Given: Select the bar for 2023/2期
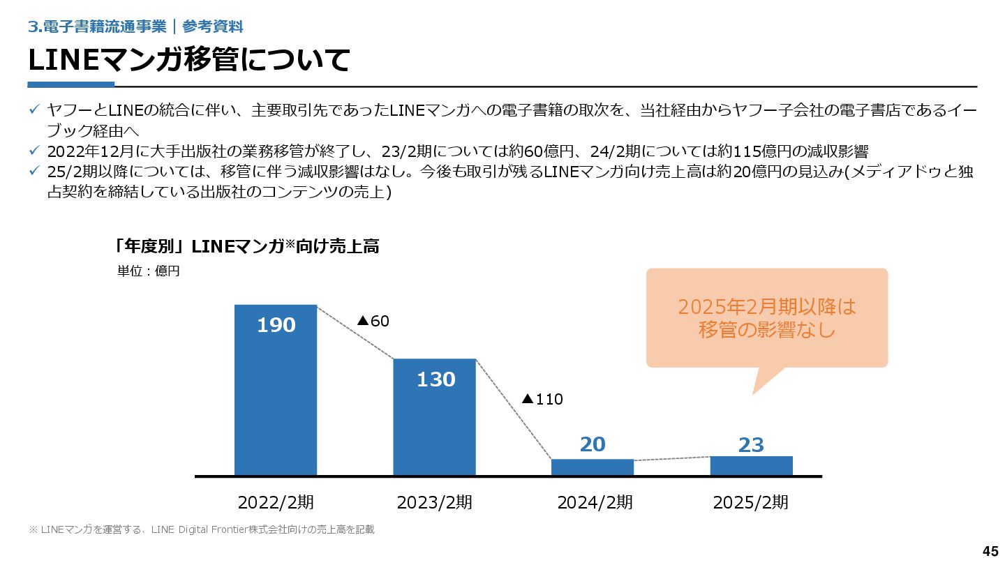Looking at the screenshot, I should coord(434,425).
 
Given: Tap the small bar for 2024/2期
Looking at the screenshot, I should coord(593,467).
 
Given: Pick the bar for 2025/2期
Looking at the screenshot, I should coord(751,466).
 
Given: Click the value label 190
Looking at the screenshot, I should coord(276,325).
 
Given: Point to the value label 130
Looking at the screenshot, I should coord(435,379).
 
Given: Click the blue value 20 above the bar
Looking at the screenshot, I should coord(593,444).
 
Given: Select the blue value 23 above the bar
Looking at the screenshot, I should coord(751,445).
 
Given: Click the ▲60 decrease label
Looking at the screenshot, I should coord(373,321).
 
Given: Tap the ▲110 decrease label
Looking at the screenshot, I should coord(542,399).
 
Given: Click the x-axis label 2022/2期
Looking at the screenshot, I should coord(276,502).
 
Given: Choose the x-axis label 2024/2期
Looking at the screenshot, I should coord(595,502).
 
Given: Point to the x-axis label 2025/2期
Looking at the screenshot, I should coord(751,502).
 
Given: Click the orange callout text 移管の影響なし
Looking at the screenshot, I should coord(767,330).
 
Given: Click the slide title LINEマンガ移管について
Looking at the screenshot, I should coord(188,60).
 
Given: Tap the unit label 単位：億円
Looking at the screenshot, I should coord(149,271).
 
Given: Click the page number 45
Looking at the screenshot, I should coord(990,551).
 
